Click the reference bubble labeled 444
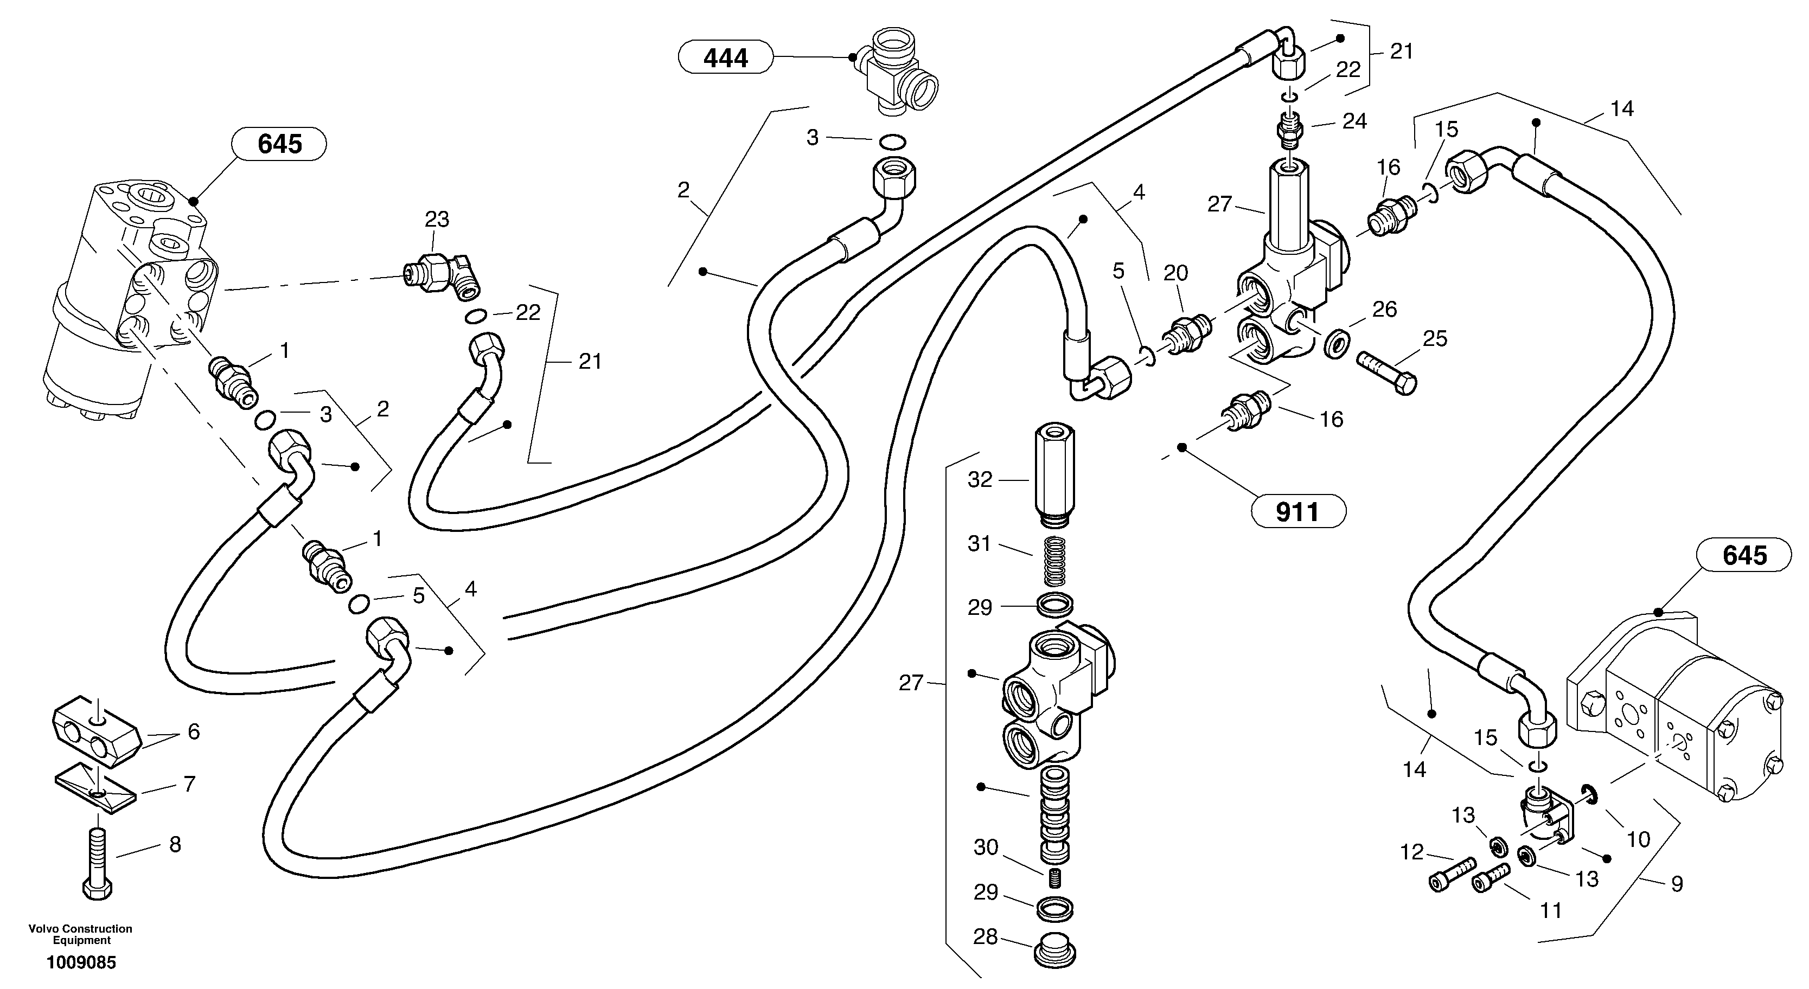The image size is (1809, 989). tap(725, 57)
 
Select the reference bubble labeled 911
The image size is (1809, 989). tap(1297, 512)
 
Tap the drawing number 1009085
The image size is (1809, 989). tap(81, 962)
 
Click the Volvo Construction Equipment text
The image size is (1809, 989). tap(81, 934)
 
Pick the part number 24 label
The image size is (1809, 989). tap(1354, 121)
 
